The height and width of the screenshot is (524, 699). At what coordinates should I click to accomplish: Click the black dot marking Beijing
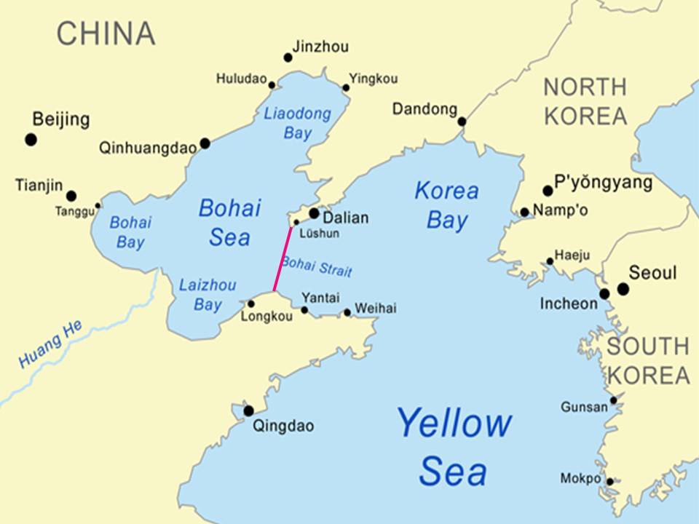31,139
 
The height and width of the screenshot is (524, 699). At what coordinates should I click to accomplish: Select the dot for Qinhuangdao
205,143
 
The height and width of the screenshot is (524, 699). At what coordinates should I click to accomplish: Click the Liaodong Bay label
297,123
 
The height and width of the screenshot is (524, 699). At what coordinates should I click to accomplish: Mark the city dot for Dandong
462,121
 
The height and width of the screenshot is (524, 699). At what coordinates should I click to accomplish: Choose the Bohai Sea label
229,223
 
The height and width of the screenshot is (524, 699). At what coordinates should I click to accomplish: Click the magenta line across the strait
283,259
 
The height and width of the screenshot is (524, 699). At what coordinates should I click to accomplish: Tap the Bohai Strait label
317,266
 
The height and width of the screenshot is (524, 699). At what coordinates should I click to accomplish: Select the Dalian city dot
314,213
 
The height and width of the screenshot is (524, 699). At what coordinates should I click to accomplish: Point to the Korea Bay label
447,205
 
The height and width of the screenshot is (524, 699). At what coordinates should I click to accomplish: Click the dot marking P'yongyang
548,191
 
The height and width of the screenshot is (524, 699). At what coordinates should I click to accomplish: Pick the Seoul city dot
623,289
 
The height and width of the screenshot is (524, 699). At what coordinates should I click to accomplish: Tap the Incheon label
569,303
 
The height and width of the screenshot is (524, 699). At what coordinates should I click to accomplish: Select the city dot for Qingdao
248,410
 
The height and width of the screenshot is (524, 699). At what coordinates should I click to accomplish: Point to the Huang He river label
51,344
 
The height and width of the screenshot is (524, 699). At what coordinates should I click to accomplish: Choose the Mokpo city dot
610,481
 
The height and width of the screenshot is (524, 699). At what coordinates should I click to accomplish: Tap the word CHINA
106,33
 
